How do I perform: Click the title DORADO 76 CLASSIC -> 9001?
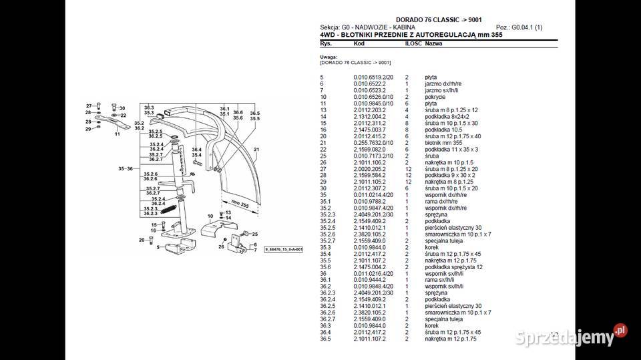click(x=439, y=20)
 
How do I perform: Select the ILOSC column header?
click(x=413, y=43)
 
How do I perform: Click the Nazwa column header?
click(x=434, y=43)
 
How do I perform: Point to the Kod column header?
click(x=359, y=43)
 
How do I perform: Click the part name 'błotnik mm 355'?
click(x=443, y=142)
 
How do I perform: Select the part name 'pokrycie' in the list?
click(x=435, y=97)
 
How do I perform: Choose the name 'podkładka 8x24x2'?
click(x=445, y=117)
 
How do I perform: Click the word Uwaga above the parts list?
click(x=329, y=57)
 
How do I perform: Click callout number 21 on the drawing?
click(x=256, y=148)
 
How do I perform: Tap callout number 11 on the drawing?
click(x=117, y=134)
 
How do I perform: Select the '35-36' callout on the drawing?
click(x=126, y=168)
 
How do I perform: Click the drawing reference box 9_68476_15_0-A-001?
click(x=283, y=249)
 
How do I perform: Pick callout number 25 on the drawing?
click(x=254, y=234)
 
